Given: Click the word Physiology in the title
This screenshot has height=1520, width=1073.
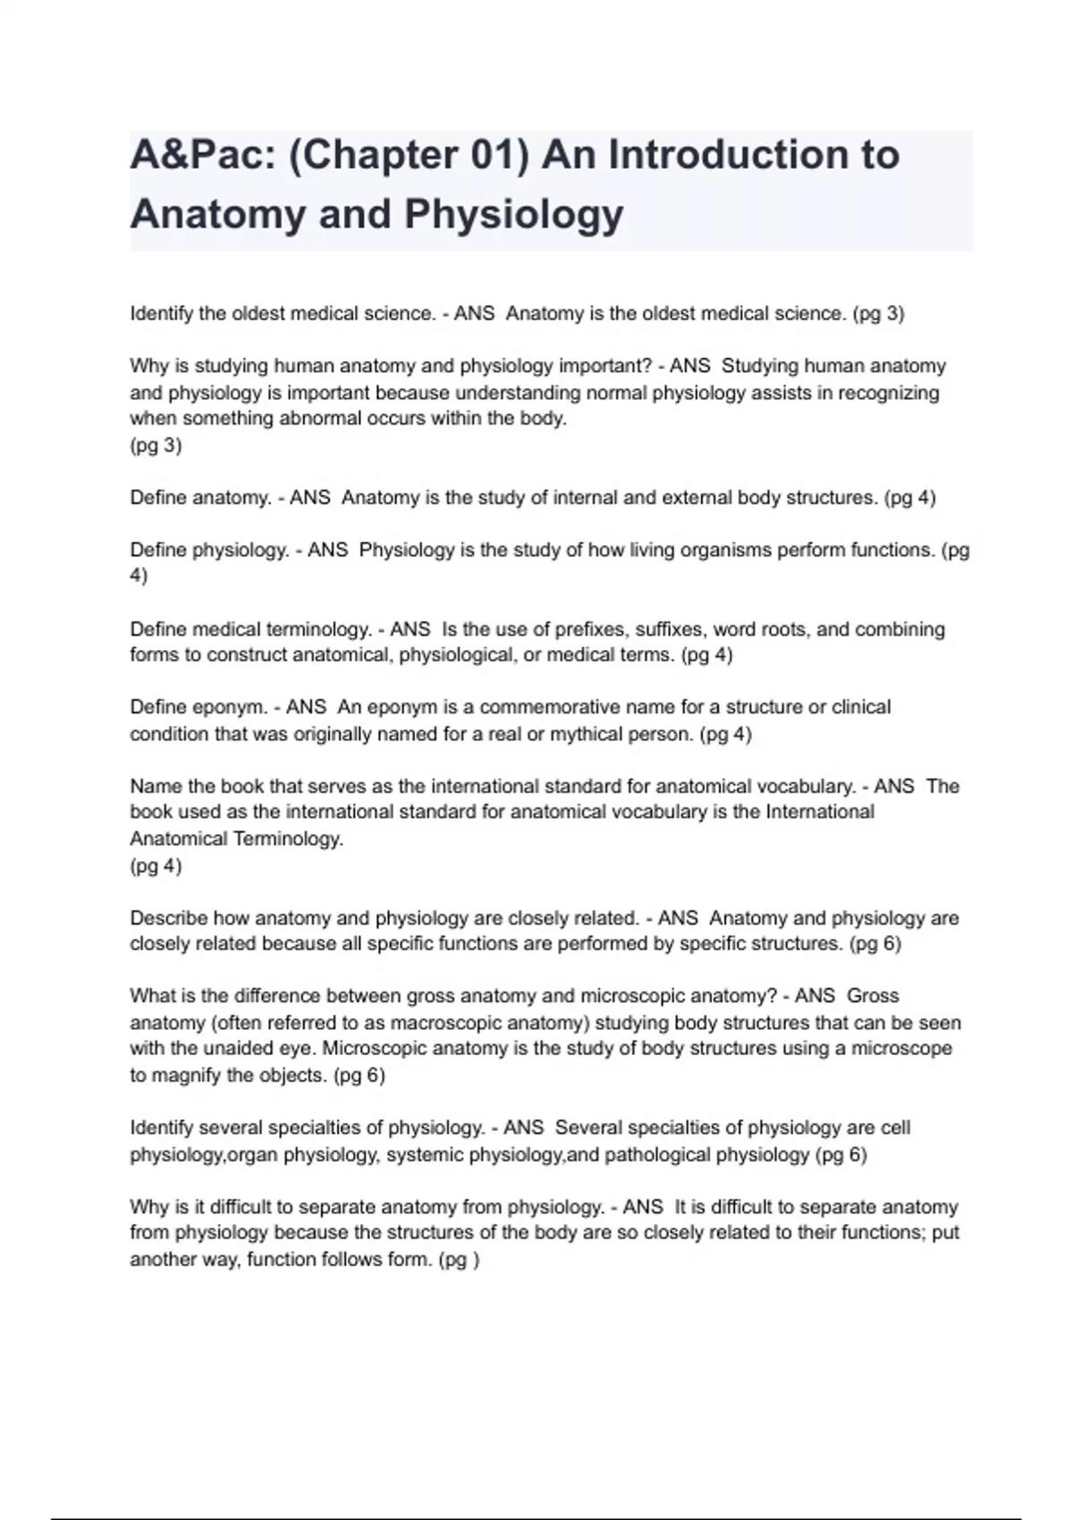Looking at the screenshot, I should (514, 215).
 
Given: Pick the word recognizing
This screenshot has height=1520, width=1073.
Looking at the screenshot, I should (887, 393).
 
